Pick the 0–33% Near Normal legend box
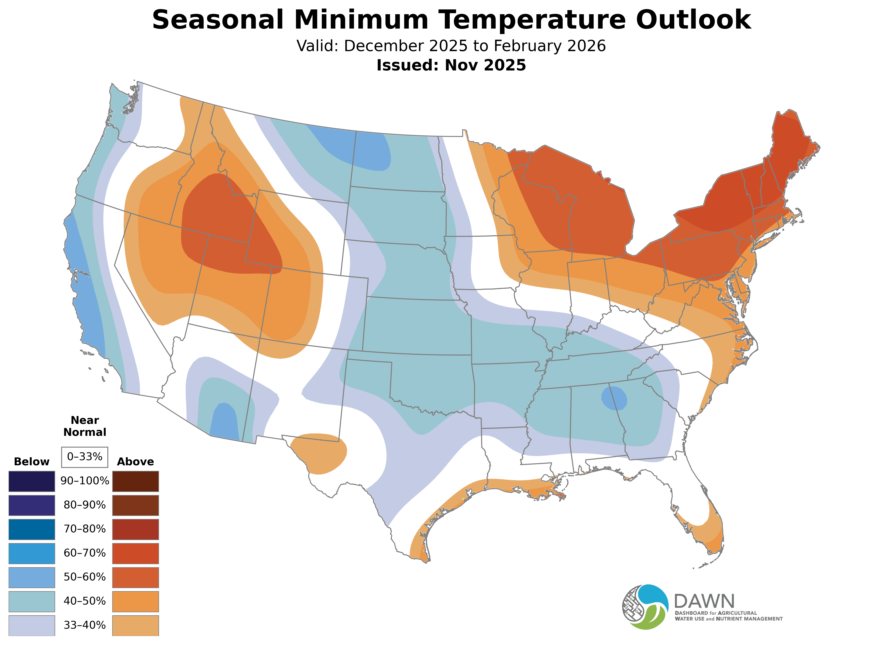85,457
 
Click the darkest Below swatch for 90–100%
32,481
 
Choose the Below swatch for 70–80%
32,529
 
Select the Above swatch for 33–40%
136,625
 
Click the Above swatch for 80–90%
136,505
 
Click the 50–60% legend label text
85,577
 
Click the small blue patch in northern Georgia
614,398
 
